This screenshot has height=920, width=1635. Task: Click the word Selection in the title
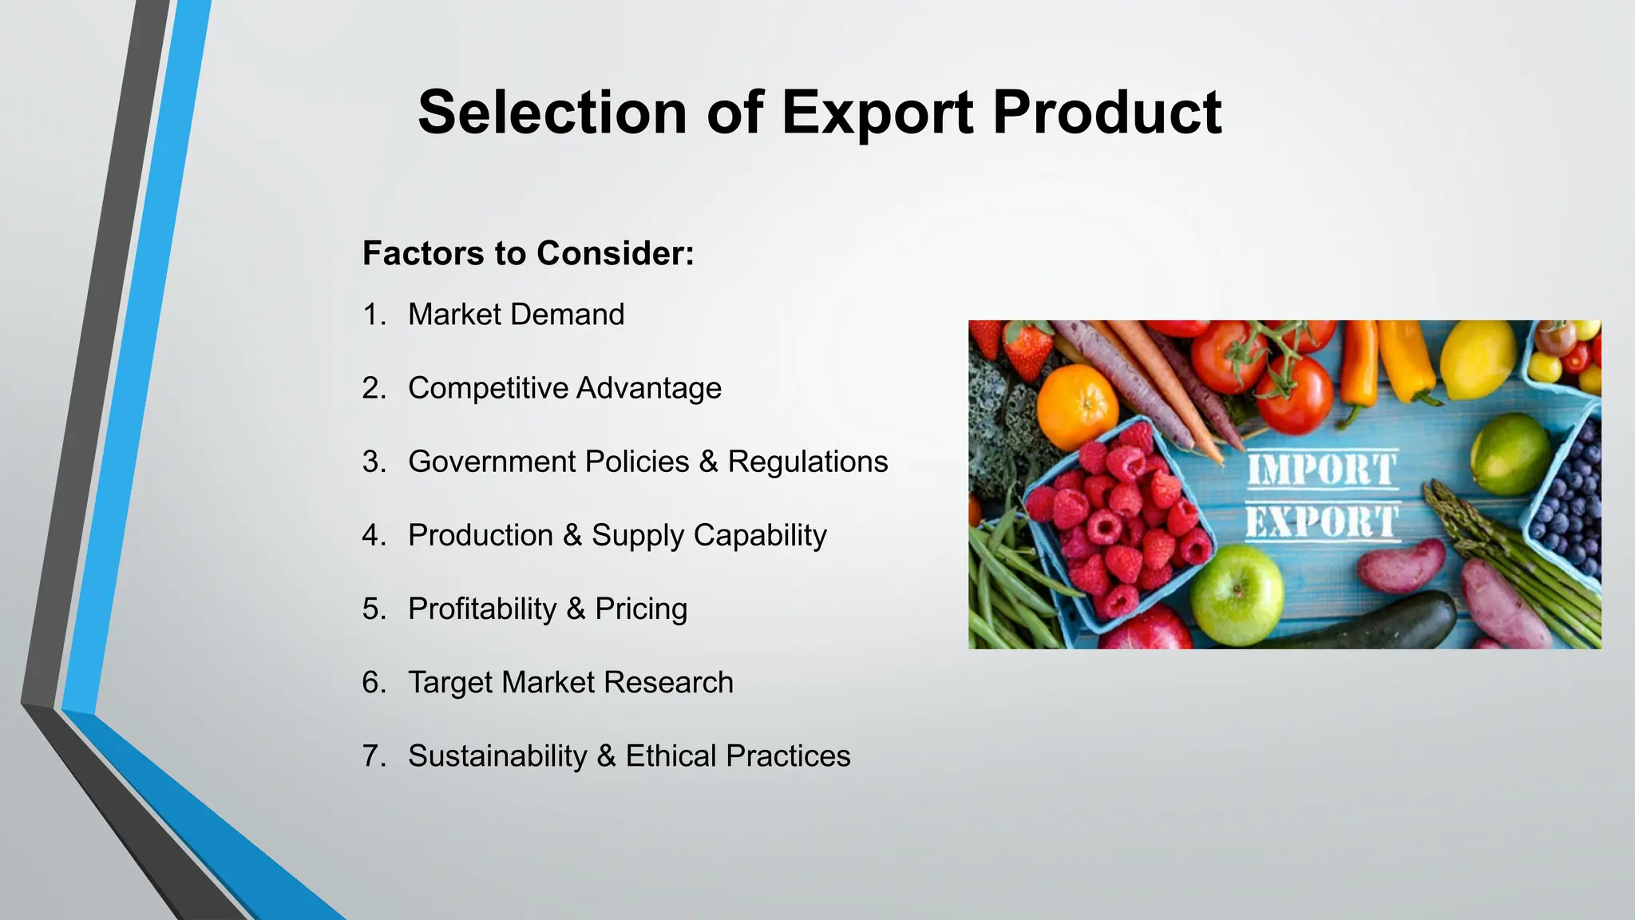[551, 113]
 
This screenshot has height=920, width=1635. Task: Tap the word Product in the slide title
[1107, 113]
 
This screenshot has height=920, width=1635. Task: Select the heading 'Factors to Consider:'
[529, 253]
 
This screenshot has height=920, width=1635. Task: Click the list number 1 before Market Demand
[372, 315]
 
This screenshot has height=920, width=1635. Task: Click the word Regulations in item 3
[807, 462]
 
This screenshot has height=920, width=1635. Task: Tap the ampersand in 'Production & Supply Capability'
[572, 535]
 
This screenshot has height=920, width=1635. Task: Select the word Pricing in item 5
[641, 609]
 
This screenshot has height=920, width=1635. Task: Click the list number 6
[372, 683]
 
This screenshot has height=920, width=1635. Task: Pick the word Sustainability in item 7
[497, 756]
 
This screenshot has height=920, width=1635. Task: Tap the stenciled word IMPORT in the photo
[1321, 470]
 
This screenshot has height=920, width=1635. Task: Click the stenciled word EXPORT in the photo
[1321, 521]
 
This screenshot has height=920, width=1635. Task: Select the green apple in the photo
[1237, 594]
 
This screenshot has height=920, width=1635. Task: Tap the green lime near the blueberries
[1510, 453]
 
